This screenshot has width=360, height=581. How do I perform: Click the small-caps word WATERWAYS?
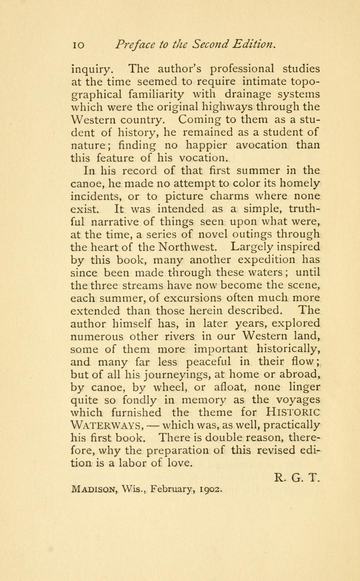click(106, 425)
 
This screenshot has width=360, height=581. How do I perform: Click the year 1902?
click(210, 490)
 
